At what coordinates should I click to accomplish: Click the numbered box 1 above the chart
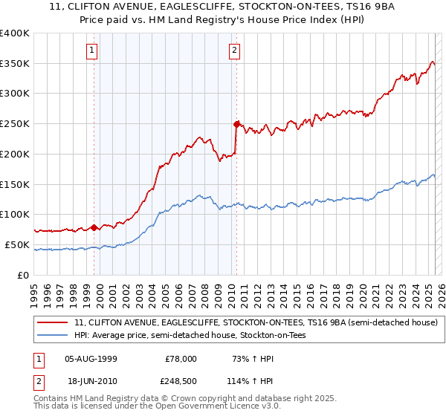click(91, 51)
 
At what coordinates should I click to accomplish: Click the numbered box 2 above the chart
click(234, 51)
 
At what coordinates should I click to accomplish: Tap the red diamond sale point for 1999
click(94, 227)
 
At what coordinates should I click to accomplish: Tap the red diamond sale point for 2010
click(236, 123)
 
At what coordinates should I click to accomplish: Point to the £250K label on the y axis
click(15, 123)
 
